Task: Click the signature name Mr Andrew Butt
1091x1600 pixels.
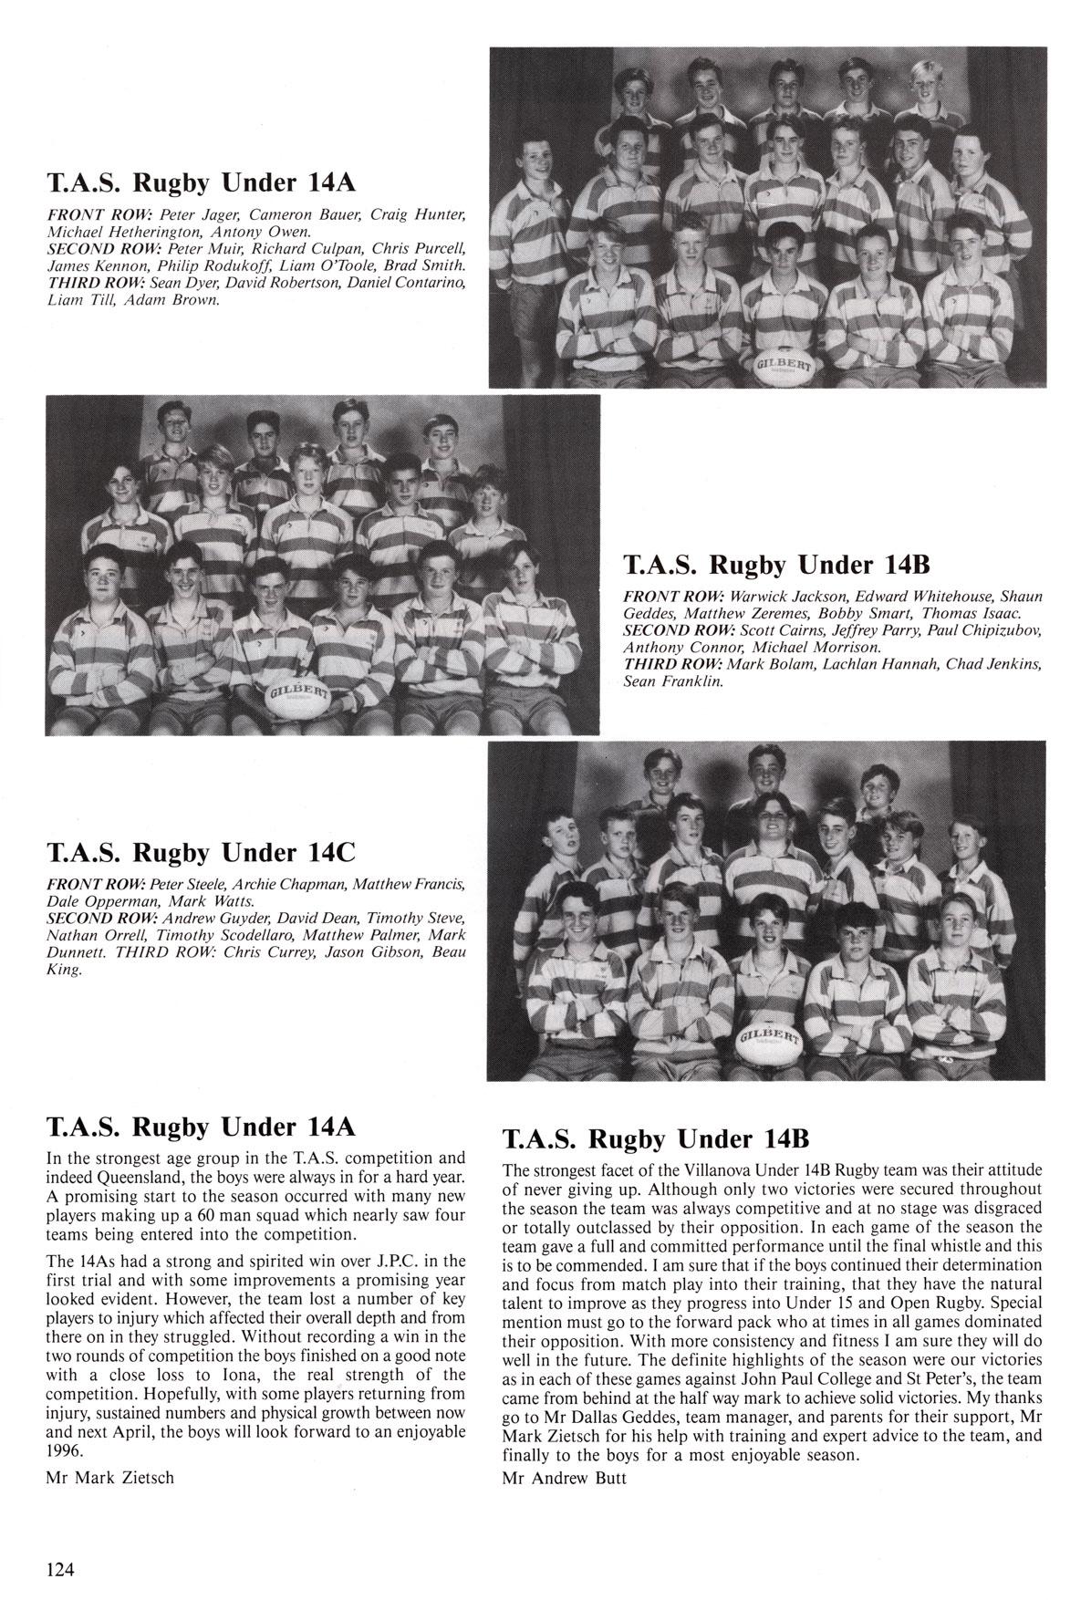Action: (564, 1478)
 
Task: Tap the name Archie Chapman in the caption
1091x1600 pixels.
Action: (288, 884)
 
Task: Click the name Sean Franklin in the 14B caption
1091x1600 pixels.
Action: (672, 681)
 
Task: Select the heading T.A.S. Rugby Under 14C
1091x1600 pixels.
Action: (200, 853)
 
